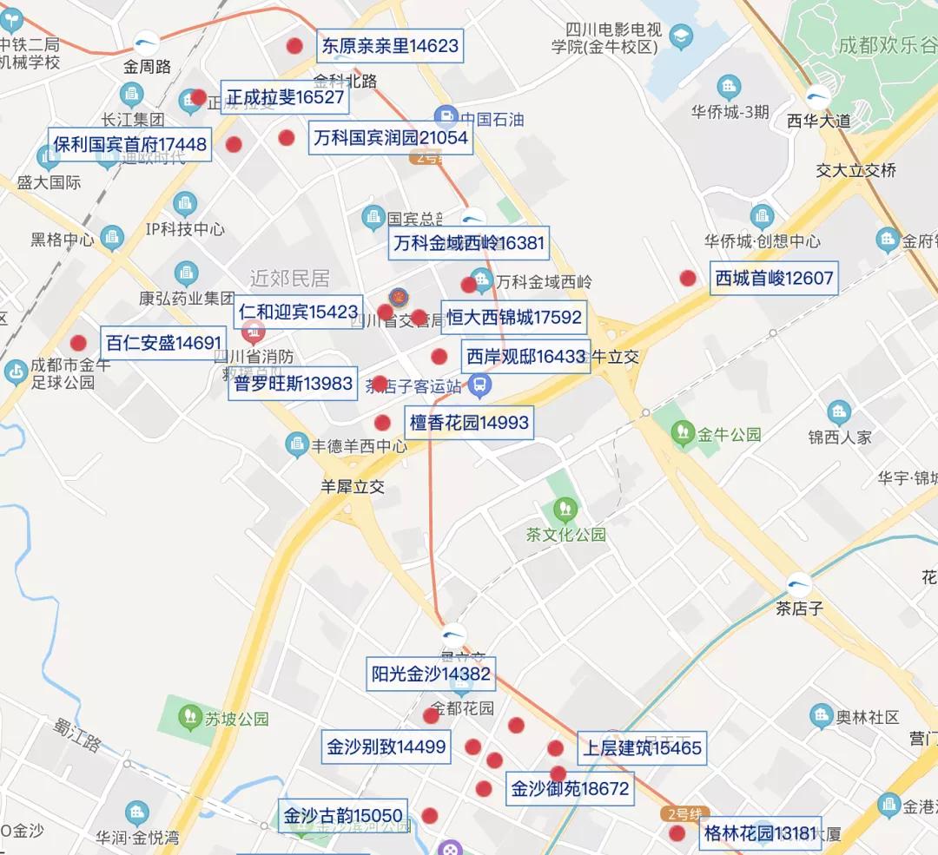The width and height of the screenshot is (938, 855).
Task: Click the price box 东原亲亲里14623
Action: point(390,46)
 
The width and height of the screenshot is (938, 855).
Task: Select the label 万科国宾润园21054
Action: point(390,138)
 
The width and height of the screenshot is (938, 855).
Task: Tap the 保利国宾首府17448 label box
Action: point(129,144)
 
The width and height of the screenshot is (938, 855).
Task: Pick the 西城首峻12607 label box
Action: point(774,279)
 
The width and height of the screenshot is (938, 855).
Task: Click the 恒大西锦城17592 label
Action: point(512,318)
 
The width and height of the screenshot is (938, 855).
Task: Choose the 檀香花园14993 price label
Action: point(468,423)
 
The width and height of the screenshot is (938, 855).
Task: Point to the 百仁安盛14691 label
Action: point(163,343)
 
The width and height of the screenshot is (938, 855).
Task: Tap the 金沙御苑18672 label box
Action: point(569,790)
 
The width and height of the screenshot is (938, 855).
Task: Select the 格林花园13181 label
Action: point(758,835)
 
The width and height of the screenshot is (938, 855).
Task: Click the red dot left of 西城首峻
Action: point(688,279)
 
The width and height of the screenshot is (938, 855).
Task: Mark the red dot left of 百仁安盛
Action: point(79,343)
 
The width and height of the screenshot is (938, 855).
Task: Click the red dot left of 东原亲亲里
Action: point(295,46)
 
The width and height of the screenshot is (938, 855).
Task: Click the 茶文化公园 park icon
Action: point(565,507)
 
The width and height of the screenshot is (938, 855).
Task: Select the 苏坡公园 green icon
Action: point(188,716)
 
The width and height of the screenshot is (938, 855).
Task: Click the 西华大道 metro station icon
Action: point(817,97)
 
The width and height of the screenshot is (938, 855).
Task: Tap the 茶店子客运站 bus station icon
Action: point(479,384)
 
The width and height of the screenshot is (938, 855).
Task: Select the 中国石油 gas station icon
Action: point(446,117)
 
